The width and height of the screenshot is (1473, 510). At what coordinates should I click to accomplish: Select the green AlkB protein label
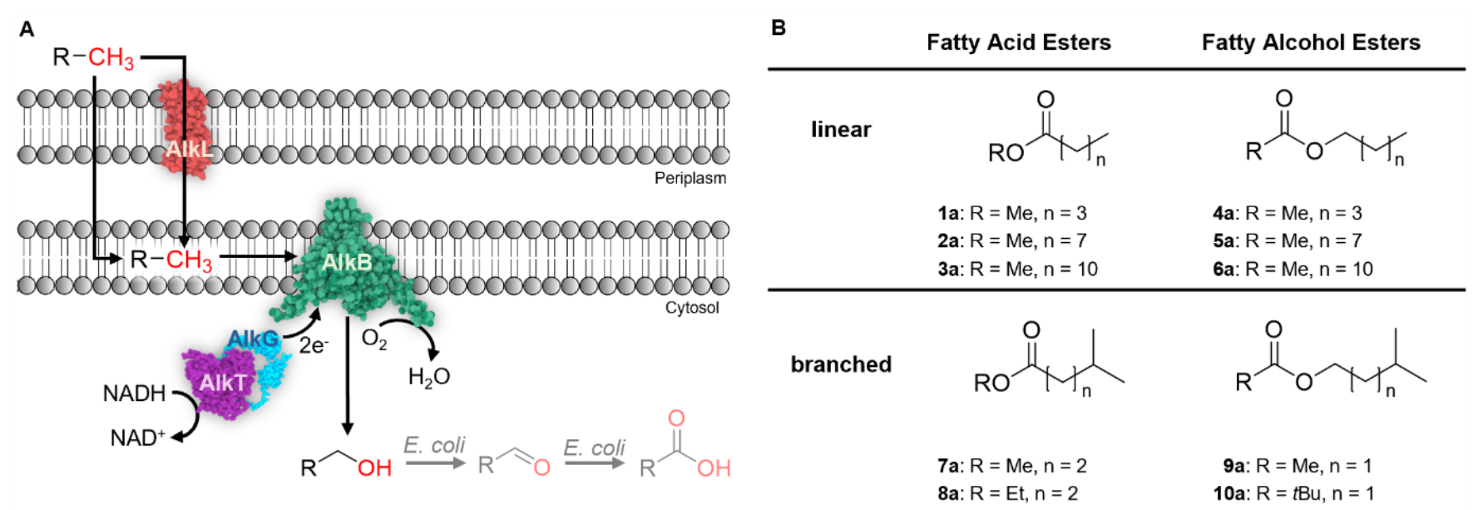346,263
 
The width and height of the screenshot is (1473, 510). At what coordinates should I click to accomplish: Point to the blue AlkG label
253,339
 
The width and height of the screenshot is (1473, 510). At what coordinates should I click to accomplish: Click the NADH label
134,394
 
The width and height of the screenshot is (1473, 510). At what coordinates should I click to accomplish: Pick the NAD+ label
137,438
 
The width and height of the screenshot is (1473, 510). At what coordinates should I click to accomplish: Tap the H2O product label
428,378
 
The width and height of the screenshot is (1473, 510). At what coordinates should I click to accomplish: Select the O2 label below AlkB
374,339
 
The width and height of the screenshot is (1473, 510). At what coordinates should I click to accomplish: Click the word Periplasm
690,178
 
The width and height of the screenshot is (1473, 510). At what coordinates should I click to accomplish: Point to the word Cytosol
691,308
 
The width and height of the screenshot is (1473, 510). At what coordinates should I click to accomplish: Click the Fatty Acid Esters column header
1018,42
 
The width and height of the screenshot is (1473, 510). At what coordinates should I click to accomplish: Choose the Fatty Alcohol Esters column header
1310,42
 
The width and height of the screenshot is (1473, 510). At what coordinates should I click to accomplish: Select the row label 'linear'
841,130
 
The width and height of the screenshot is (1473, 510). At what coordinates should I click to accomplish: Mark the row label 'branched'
841,364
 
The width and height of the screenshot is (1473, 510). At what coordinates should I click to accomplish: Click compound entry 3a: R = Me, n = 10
1017,269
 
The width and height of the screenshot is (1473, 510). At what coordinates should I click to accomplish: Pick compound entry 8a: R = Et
1007,493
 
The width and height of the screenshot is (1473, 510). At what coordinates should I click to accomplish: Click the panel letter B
779,27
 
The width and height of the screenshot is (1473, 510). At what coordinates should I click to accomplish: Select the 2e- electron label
314,345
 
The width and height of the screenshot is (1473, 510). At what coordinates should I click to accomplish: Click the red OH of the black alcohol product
374,468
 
